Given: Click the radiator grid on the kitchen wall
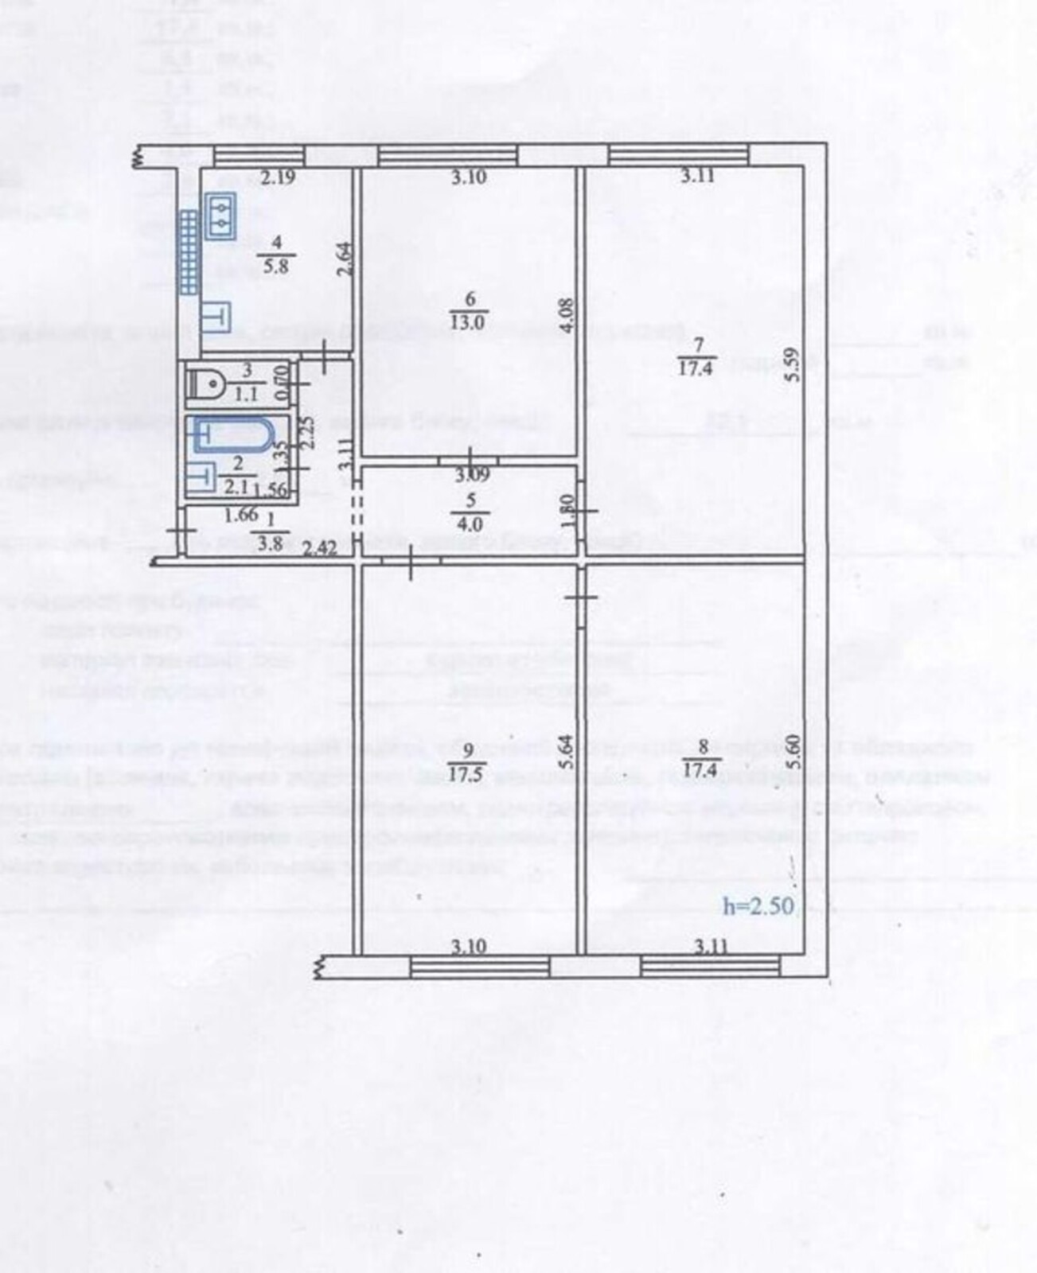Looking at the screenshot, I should point(189,251).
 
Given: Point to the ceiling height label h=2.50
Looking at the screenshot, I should point(758,906).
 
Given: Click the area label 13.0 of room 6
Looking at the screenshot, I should point(469,322).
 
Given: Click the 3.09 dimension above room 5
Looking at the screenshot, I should point(472,477).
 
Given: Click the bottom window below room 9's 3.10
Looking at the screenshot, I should point(479,967).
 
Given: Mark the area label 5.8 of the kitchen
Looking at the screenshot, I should point(275,267).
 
